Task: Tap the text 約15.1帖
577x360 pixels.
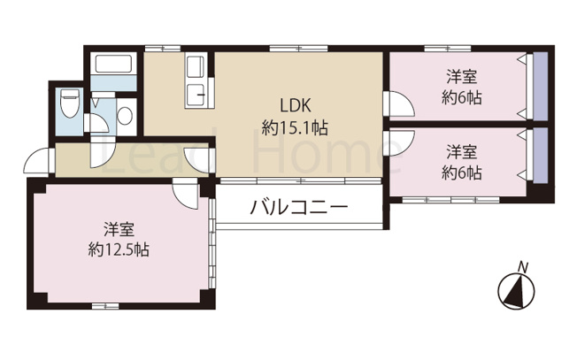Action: click(x=295, y=127)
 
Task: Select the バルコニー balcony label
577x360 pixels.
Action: click(x=298, y=209)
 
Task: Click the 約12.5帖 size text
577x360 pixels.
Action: click(x=119, y=250)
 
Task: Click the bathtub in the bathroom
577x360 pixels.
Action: click(x=112, y=65)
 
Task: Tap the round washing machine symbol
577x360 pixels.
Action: click(x=125, y=115)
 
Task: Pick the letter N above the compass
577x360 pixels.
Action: click(x=523, y=265)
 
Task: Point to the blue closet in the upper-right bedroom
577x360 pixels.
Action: click(x=536, y=88)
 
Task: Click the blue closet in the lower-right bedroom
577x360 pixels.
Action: click(x=536, y=160)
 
